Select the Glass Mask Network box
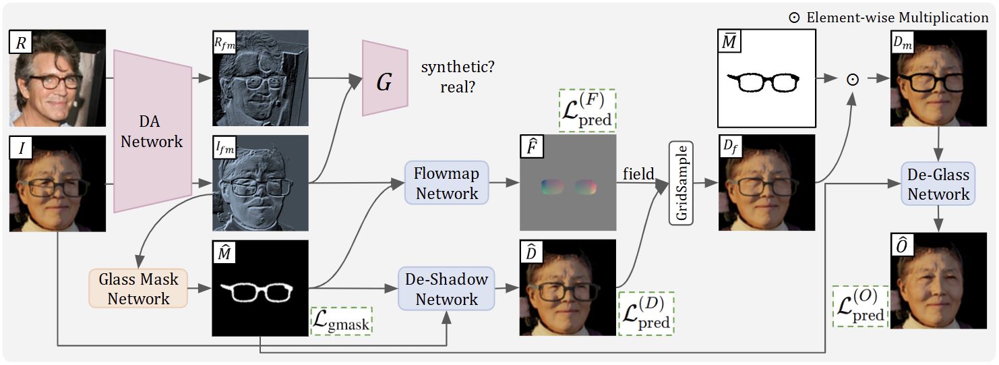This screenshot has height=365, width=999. (138, 288)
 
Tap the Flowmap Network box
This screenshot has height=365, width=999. (446, 183)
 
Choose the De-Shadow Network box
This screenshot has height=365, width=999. (446, 288)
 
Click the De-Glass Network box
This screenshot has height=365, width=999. (938, 184)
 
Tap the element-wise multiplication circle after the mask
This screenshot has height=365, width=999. (852, 79)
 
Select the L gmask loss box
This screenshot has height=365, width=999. (342, 321)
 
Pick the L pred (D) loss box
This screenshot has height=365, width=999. (646, 313)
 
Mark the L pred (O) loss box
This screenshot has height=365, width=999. (859, 307)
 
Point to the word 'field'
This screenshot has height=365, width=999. (638, 174)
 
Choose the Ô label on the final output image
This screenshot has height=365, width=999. (903, 246)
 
